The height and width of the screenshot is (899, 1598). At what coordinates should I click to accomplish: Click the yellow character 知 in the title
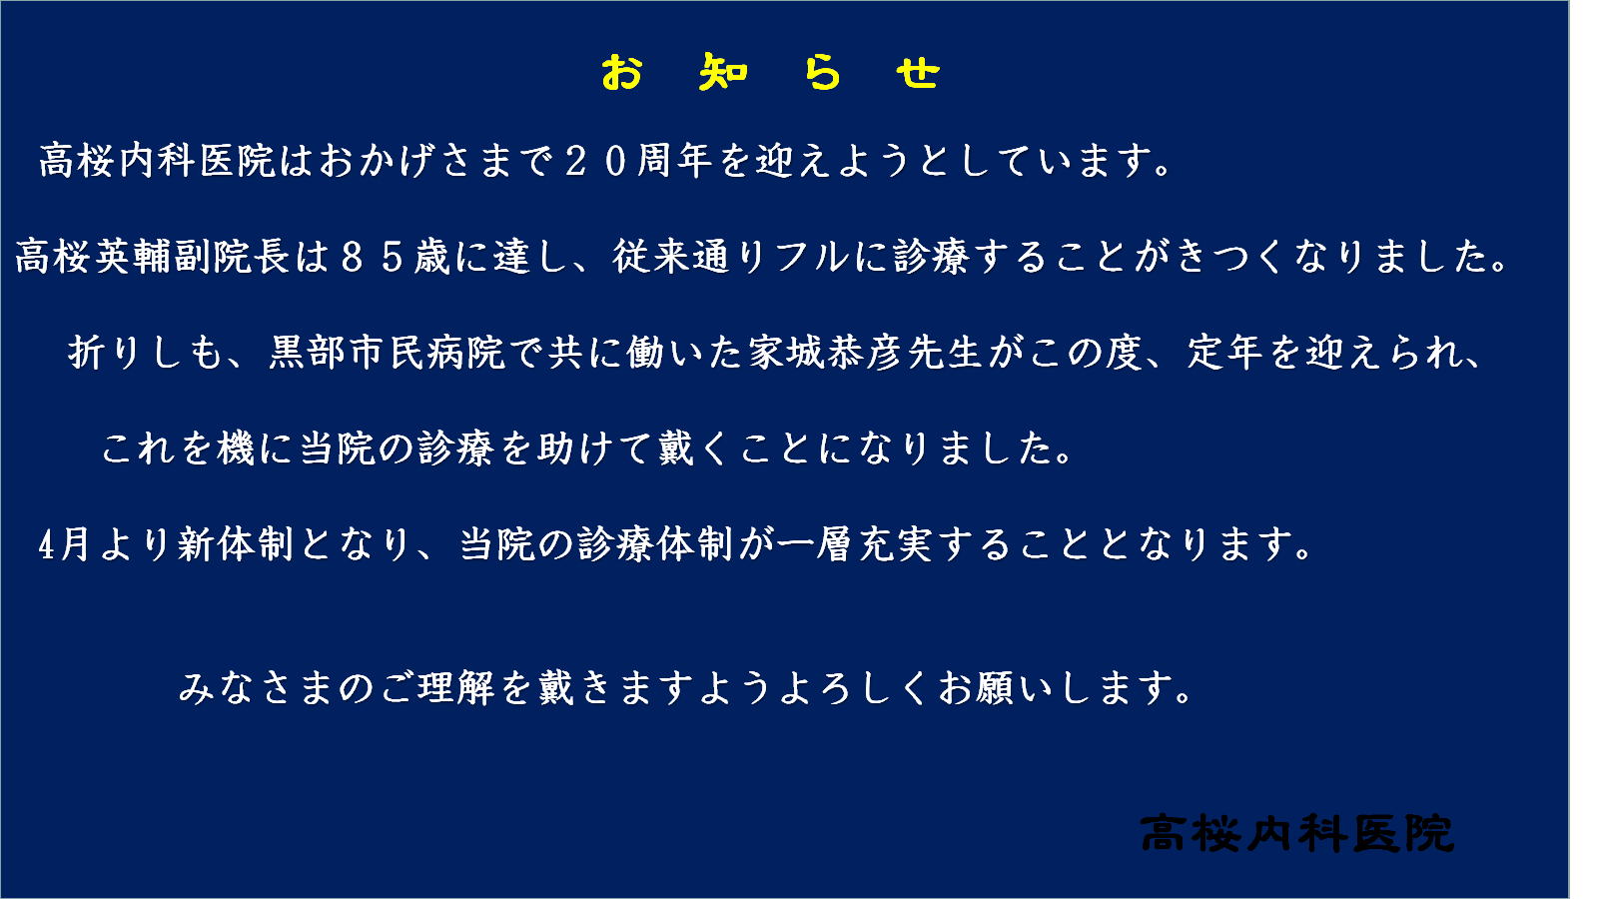coord(723,73)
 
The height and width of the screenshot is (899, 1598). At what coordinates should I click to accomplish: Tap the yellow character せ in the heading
coord(918,73)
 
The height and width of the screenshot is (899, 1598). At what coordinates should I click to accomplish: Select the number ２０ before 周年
coord(596,161)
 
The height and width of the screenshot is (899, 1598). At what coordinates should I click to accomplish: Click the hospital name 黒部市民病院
coord(388,354)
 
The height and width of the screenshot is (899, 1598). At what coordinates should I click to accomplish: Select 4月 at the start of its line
coord(64,545)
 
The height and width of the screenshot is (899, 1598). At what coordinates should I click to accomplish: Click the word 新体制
coord(236,545)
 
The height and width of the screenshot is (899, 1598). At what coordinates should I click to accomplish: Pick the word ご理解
coord(437,688)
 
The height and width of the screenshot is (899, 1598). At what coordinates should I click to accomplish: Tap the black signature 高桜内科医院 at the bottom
coord(1297,833)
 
